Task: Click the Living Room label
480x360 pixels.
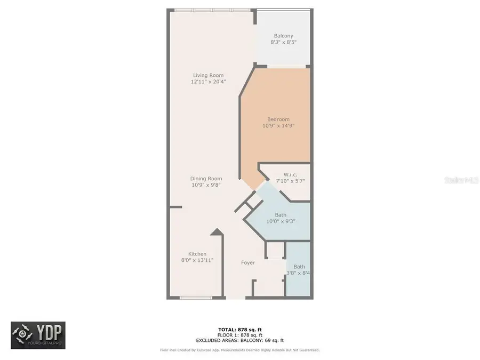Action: tap(208, 75)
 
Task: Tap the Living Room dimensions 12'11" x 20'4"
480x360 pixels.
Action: tap(208, 82)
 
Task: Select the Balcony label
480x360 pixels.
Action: tap(283, 36)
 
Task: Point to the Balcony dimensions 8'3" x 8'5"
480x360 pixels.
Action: tap(283, 42)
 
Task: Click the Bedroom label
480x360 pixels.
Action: tap(278, 119)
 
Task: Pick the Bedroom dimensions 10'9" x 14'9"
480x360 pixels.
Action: tap(278, 126)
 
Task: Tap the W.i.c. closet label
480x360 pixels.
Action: tap(290, 174)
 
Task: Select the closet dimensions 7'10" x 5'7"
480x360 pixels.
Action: tap(290, 181)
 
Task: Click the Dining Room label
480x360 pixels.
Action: tap(206, 179)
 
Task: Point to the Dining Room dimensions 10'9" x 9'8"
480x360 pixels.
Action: tap(206, 186)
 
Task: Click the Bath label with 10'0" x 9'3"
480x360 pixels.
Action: tap(281, 215)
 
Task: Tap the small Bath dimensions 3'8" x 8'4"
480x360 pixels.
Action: tap(299, 273)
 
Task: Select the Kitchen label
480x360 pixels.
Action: tap(197, 254)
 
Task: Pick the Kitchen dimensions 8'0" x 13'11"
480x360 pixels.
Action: tap(197, 261)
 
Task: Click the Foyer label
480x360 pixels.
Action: tap(247, 262)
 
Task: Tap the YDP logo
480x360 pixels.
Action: tap(38, 335)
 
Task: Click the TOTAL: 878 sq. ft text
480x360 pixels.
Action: tap(239, 330)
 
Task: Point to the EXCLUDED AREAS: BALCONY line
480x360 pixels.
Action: tap(239, 340)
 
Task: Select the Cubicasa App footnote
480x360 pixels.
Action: tap(239, 350)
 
